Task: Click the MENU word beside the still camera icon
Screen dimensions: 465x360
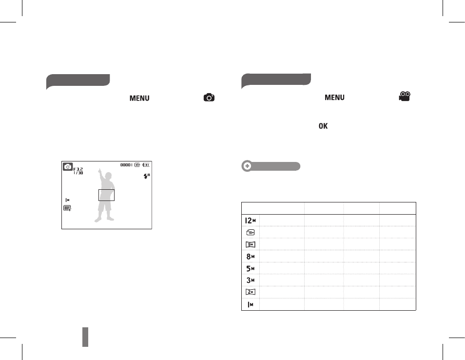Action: (x=139, y=98)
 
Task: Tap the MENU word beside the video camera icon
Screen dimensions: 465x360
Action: (x=334, y=98)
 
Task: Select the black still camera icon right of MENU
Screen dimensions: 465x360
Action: (x=209, y=98)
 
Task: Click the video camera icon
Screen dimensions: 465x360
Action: (x=405, y=97)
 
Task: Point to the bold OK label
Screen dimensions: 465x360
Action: (x=323, y=126)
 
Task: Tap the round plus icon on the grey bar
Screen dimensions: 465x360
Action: (x=247, y=166)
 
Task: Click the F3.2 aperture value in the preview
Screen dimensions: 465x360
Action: (x=78, y=169)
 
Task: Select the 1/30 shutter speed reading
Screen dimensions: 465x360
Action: (x=78, y=173)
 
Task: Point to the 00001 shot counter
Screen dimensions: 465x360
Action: (x=126, y=165)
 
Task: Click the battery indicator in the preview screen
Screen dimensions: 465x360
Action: (x=146, y=165)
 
